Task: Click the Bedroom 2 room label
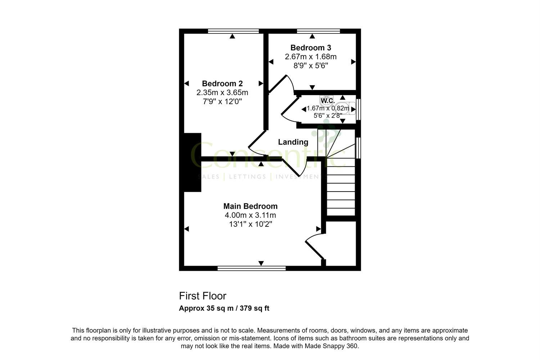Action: click(222, 84)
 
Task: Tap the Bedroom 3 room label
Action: click(311, 48)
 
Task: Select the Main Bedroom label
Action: click(250, 206)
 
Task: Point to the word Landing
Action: click(293, 142)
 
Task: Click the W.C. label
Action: click(328, 101)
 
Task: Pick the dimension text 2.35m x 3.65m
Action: click(222, 93)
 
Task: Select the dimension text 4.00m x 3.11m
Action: click(250, 215)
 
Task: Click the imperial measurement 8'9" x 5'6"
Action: click(311, 66)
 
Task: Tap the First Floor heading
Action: click(203, 296)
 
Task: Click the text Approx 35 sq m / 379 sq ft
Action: click(224, 309)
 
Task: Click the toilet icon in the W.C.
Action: click(342, 108)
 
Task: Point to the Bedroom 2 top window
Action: click(233, 31)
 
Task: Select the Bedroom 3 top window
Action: click(318, 31)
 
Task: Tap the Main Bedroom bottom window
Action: click(252, 268)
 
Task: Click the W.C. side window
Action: click(358, 109)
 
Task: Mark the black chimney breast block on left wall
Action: click(192, 162)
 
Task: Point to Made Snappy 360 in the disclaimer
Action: click(331, 346)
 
